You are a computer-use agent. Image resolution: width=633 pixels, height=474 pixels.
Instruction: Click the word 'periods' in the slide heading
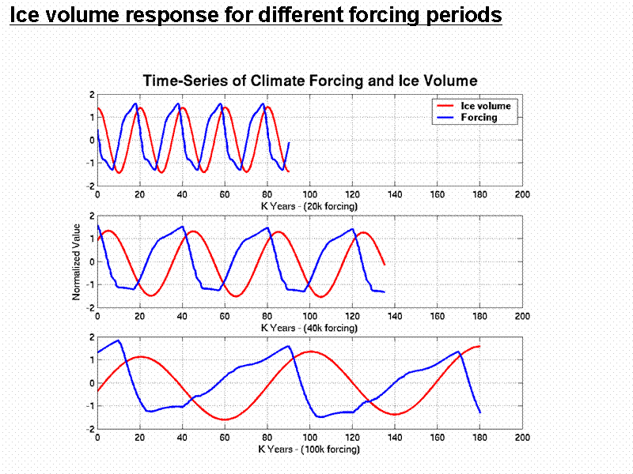click(460, 15)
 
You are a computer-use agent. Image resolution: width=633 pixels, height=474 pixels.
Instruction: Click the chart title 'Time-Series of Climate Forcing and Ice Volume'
click(309, 81)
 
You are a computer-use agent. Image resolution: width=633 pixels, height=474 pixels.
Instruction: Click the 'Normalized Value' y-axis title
click(77, 262)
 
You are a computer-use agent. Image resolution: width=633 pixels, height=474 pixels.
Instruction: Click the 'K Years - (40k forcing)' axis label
click(309, 326)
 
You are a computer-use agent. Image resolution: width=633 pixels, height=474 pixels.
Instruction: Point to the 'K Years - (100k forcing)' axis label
click(309, 449)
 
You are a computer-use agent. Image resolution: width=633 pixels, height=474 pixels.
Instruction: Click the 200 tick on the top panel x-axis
click(521, 194)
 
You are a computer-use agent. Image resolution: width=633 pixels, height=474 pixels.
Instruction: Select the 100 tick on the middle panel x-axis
click(309, 316)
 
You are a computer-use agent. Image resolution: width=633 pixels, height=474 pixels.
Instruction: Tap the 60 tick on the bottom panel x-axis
click(225, 438)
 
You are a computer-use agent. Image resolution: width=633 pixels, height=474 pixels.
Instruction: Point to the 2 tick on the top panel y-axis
click(92, 94)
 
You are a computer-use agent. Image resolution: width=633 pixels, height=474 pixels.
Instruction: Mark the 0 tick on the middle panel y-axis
click(92, 262)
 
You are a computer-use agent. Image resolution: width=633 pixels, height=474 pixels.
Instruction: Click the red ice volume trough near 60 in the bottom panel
click(225, 419)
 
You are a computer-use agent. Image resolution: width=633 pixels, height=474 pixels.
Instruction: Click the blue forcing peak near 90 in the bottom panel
click(287, 346)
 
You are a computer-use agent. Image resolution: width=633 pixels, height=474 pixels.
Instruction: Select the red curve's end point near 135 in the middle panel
click(384, 265)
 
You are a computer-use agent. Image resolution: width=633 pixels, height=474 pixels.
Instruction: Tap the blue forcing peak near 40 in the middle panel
click(182, 227)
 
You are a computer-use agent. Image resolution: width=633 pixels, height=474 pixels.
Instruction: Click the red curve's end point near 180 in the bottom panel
click(479, 346)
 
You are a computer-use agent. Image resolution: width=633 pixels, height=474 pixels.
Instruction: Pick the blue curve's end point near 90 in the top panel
click(289, 143)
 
